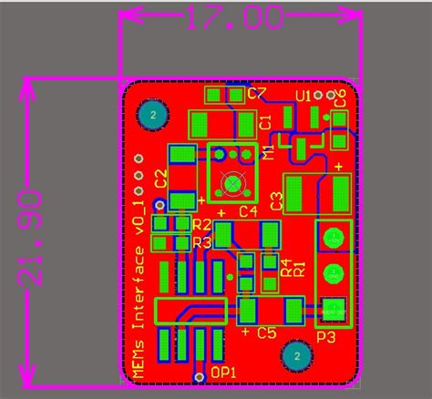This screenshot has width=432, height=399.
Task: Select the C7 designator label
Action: (x=257, y=94)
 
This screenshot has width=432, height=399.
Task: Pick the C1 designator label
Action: (x=265, y=122)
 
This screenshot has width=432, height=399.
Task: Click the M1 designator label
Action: (x=268, y=153)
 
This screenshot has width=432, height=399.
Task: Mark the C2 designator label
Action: (x=160, y=178)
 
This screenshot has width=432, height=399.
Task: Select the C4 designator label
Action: (x=248, y=211)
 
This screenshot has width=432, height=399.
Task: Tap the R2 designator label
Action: (x=201, y=224)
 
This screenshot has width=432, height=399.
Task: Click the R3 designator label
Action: (x=201, y=242)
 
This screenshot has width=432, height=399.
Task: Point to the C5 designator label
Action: (x=266, y=333)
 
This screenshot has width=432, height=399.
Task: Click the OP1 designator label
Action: (x=224, y=372)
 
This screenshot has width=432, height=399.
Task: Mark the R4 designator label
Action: (x=285, y=267)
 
